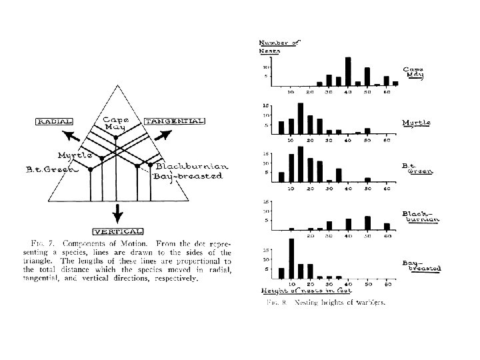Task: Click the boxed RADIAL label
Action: [55, 121]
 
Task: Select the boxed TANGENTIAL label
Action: [174, 121]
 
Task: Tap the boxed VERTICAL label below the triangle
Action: [117, 231]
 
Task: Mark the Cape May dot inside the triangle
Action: [116, 137]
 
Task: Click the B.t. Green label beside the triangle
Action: [45, 170]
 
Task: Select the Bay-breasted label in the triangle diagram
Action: [187, 176]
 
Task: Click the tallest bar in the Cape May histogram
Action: [348, 71]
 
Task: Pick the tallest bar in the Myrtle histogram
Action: [301, 118]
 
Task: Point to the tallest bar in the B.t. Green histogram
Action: [301, 164]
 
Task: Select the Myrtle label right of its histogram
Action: [416, 123]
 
